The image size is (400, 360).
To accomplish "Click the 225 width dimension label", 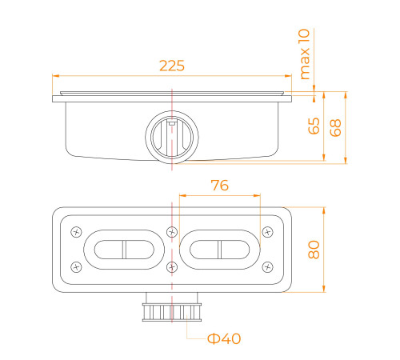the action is [172, 66].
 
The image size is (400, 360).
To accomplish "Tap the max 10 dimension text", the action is [305, 54].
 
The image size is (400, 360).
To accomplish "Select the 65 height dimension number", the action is [314, 126].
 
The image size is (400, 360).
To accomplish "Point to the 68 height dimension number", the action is [335, 128].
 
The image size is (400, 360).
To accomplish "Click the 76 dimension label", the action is [219, 185].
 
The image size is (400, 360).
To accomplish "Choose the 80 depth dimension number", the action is [314, 250].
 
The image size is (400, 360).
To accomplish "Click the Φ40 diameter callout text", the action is [224, 338].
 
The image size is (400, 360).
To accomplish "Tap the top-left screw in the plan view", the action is [76, 232].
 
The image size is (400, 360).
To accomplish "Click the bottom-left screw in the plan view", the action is [76, 266].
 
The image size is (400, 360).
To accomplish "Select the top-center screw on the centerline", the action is [172, 232].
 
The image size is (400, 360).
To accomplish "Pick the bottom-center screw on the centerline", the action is [172, 266].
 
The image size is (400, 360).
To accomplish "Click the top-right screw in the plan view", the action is [267, 232].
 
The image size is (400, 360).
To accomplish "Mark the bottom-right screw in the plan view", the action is [267, 266].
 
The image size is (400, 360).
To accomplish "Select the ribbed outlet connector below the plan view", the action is [172, 311].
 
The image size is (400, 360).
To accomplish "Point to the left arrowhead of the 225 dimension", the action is [55, 76].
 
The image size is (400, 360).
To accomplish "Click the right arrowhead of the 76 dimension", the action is [257, 196].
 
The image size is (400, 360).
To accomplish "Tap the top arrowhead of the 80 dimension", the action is [324, 210].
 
